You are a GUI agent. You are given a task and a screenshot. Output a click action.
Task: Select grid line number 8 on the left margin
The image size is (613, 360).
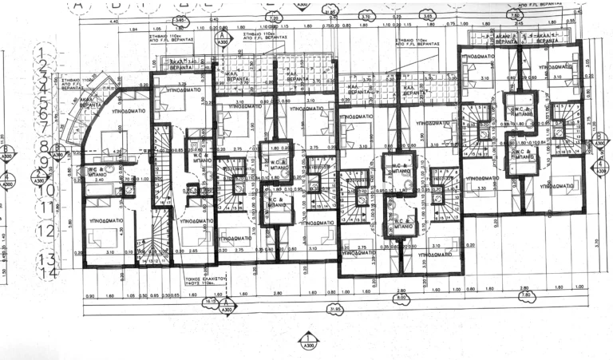[x=47, y=147]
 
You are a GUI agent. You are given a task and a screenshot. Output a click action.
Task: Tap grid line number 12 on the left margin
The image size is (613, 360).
[x=45, y=231]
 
